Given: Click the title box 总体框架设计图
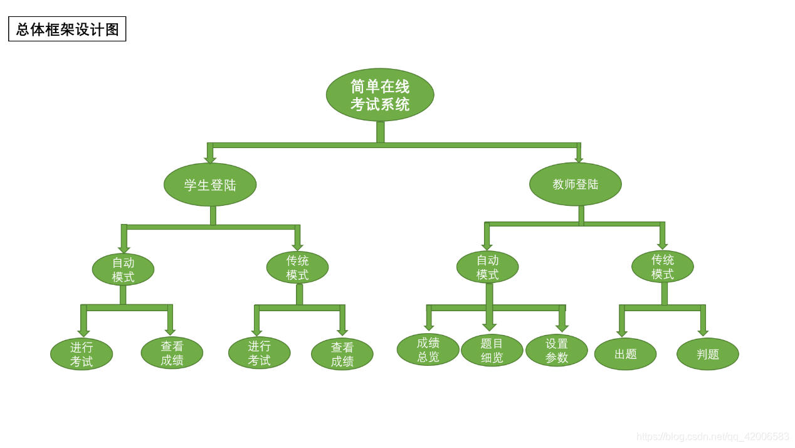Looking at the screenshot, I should pyautogui.click(x=67, y=29).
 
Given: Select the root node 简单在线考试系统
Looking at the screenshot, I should pyautogui.click(x=380, y=95).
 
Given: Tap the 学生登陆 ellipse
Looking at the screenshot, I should pyautogui.click(x=210, y=184).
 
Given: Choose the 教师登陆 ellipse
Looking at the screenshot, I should pyautogui.click(x=576, y=184).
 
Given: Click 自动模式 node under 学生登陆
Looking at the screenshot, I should pyautogui.click(x=123, y=269).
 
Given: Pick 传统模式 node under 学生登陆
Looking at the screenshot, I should pyautogui.click(x=297, y=267).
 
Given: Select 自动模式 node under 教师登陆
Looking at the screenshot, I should pyautogui.click(x=487, y=267).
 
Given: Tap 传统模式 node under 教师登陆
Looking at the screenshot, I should pyautogui.click(x=662, y=267).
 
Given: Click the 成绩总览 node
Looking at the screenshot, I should pyautogui.click(x=428, y=349).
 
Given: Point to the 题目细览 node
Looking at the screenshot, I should pyautogui.click(x=492, y=350).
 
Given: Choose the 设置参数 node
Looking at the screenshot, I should pyautogui.click(x=556, y=350).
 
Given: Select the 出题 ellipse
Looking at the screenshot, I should pyautogui.click(x=625, y=354).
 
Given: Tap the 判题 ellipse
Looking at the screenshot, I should pyautogui.click(x=707, y=354).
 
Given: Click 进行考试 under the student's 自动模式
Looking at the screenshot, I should pyautogui.click(x=82, y=354).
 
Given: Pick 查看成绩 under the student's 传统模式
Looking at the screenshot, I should pyautogui.click(x=342, y=354).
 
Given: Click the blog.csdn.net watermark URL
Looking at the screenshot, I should pyautogui.click(x=712, y=436).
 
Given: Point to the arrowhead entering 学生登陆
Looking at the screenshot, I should pyautogui.click(x=210, y=160).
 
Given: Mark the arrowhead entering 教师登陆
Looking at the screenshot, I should pyautogui.click(x=579, y=160).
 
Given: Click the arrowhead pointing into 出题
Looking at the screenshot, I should pyautogui.click(x=622, y=334).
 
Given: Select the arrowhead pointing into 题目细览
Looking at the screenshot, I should pyautogui.click(x=489, y=327).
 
